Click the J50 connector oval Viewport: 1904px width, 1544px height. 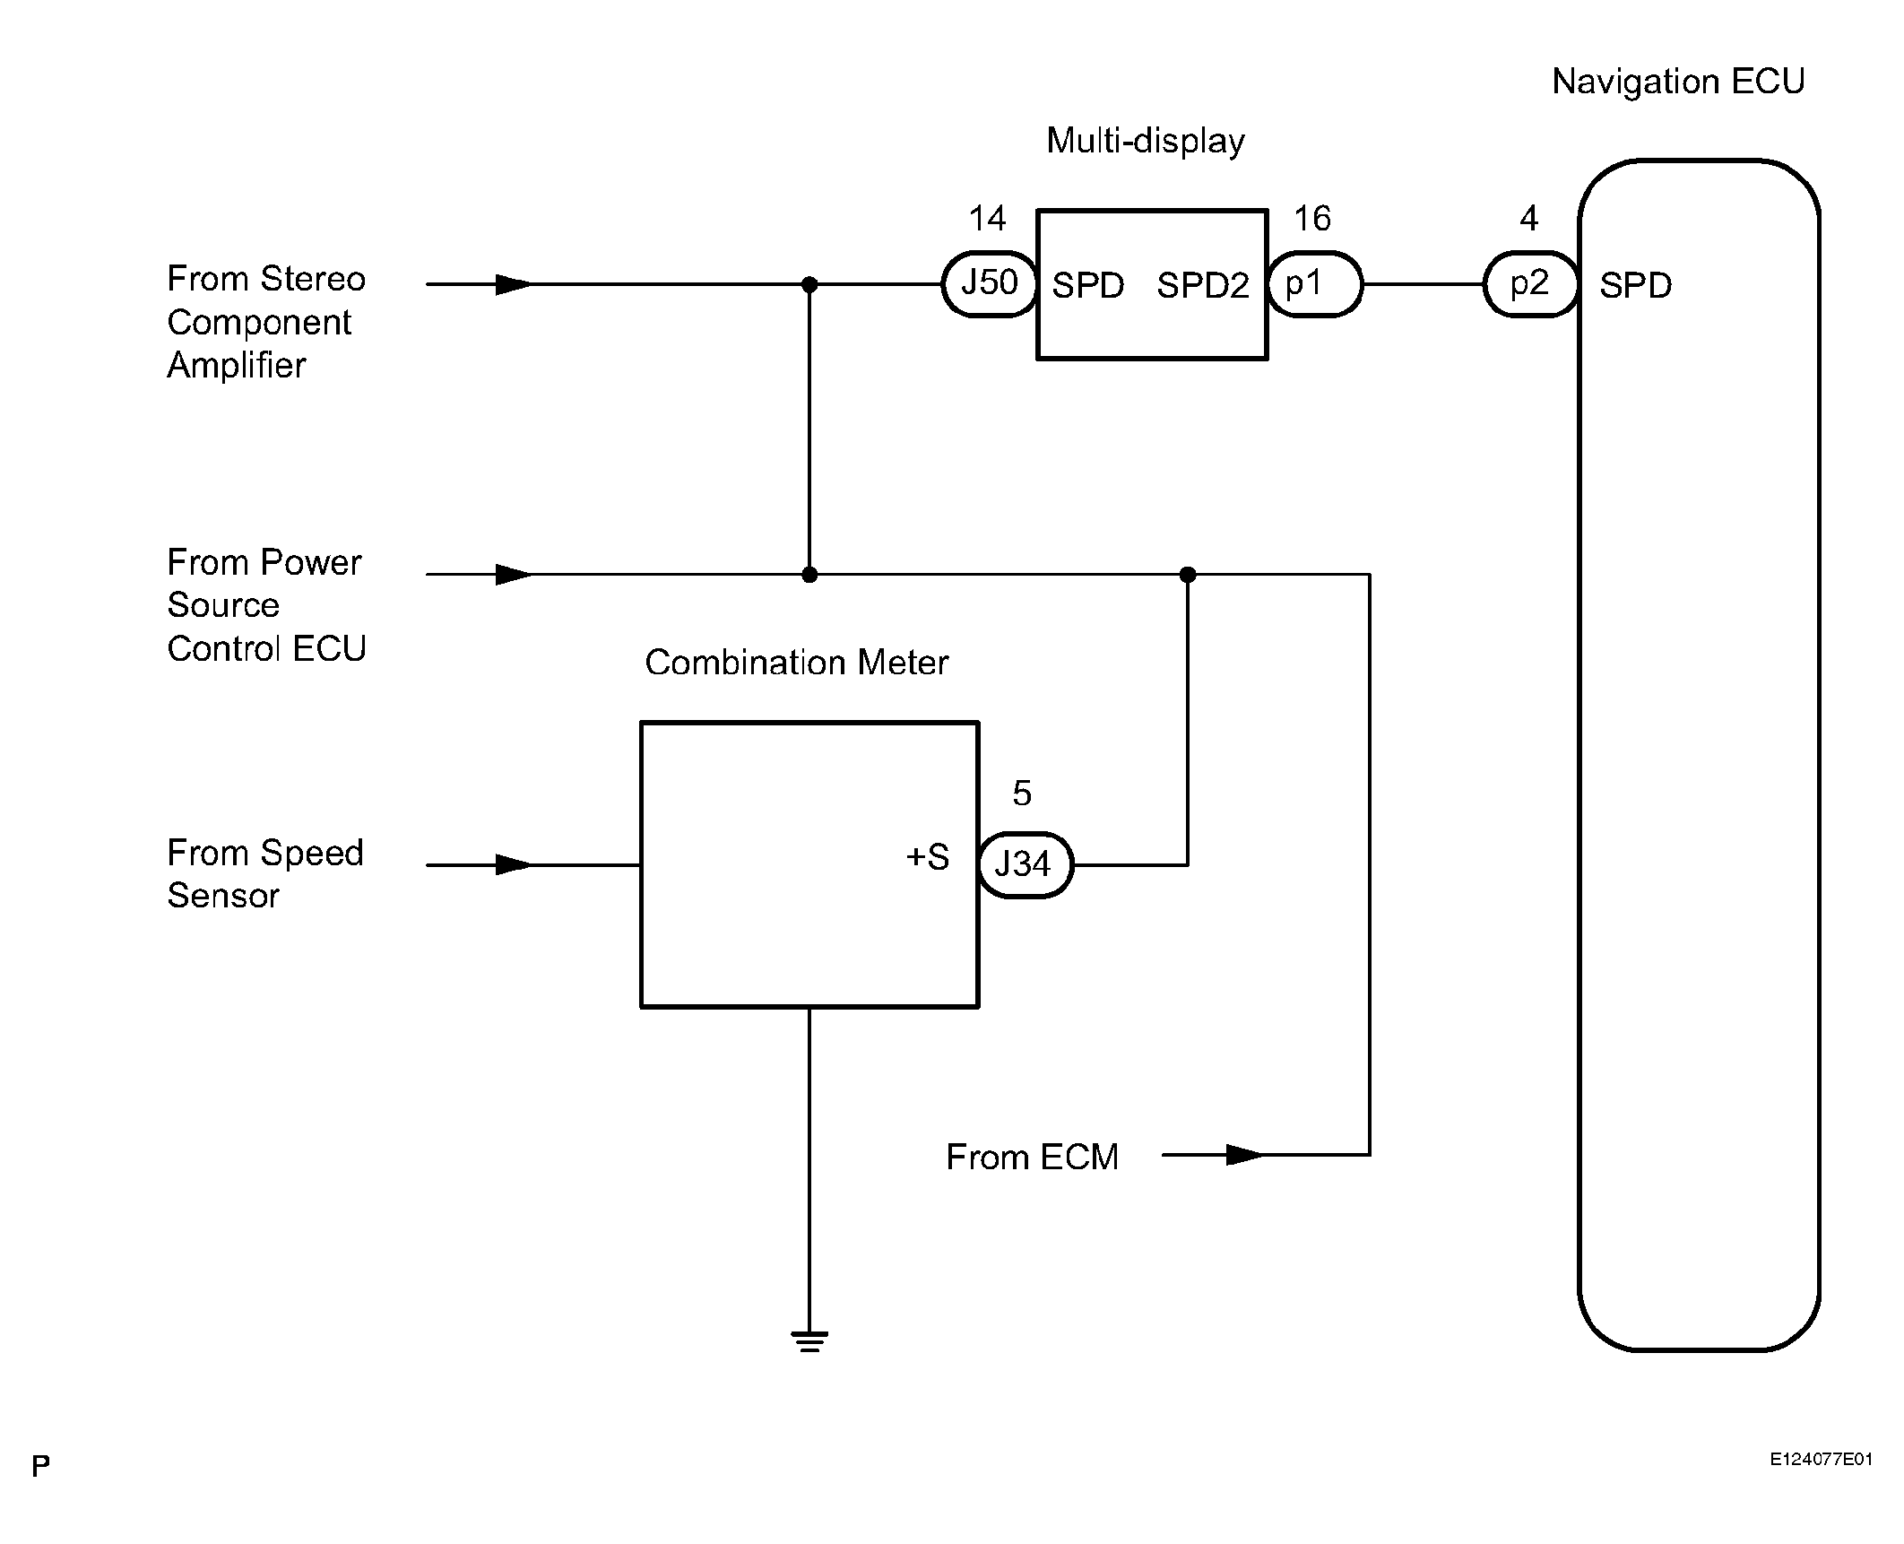[x=990, y=284]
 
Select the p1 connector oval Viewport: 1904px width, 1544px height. [x=1314, y=284]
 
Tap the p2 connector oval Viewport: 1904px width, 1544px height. [x=1530, y=284]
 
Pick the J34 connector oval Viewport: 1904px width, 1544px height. [x=1025, y=865]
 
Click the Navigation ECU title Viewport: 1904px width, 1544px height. [x=1678, y=82]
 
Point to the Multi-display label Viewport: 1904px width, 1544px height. [x=1146, y=141]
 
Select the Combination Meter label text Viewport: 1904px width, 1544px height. [x=796, y=663]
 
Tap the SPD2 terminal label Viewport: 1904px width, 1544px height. [x=1202, y=286]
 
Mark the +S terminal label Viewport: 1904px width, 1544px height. [x=928, y=857]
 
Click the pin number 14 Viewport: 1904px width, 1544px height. [x=987, y=219]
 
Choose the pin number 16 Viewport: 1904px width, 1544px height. [x=1312, y=219]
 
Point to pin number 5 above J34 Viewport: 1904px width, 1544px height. [x=1022, y=794]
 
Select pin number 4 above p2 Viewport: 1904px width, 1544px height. [x=1529, y=219]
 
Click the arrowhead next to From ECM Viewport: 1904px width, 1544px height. [x=1244, y=1155]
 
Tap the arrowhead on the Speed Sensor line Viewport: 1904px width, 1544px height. [x=514, y=865]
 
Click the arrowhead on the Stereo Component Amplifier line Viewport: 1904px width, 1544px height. [x=514, y=284]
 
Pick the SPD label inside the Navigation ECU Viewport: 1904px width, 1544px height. [x=1636, y=286]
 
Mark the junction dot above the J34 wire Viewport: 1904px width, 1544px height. [x=1188, y=574]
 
